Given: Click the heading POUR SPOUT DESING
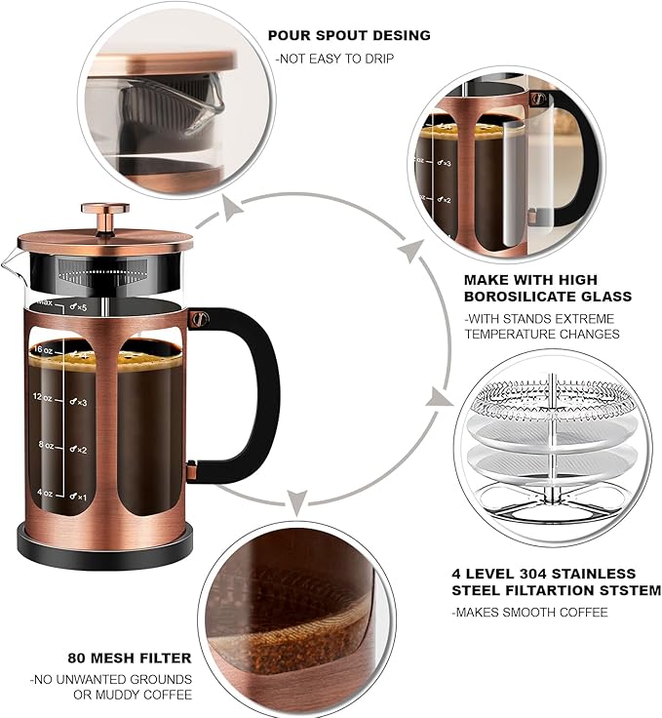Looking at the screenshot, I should pyautogui.click(x=349, y=35).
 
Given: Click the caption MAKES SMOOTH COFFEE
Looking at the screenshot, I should pyautogui.click(x=529, y=612).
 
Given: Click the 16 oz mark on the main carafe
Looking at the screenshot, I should pyautogui.click(x=42, y=349).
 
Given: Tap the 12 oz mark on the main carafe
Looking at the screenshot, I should pyautogui.click(x=42, y=397).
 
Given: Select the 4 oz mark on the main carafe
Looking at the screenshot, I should pyautogui.click(x=44, y=492).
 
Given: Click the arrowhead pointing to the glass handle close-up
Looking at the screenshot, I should pyautogui.click(x=409, y=252).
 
